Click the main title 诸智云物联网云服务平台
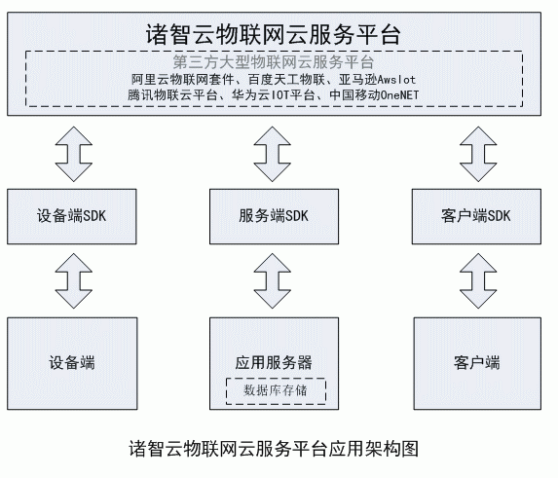274,34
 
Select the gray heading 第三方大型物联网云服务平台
274,62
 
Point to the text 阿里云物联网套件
182,79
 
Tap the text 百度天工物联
286,79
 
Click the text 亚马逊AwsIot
377,79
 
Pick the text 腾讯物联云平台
172,95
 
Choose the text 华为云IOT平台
274,95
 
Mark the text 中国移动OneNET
374,95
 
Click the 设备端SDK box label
71,216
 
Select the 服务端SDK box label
274,216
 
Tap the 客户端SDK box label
476,216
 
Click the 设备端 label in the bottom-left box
72,363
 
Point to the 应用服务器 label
274,363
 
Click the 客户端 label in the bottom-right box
477,363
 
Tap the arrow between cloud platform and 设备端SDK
74,154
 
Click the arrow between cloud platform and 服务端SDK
273,154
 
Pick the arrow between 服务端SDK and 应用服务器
273,281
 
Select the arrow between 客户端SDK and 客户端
478,281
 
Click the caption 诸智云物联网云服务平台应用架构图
274,449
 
